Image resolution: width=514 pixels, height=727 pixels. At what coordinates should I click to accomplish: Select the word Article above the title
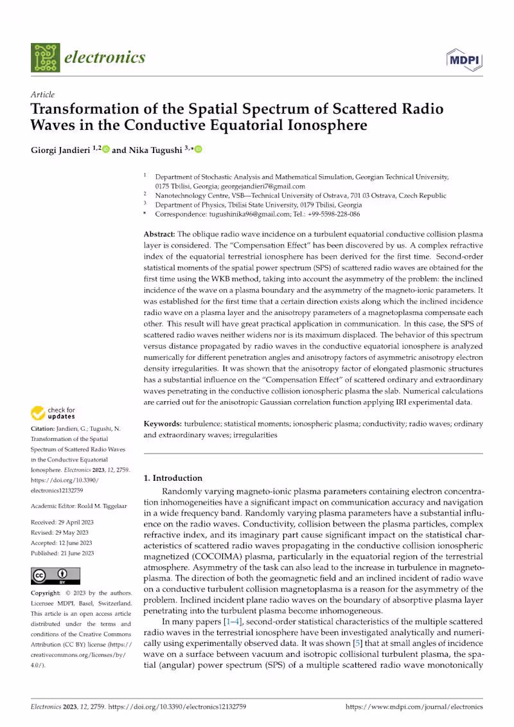(42, 94)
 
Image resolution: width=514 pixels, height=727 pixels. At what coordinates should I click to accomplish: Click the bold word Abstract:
(159, 235)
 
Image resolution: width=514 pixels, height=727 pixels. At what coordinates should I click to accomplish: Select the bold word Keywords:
(163, 424)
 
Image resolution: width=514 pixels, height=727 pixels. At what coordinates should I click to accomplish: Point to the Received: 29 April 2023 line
(62, 522)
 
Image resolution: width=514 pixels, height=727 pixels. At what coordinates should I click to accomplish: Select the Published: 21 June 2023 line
(62, 553)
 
